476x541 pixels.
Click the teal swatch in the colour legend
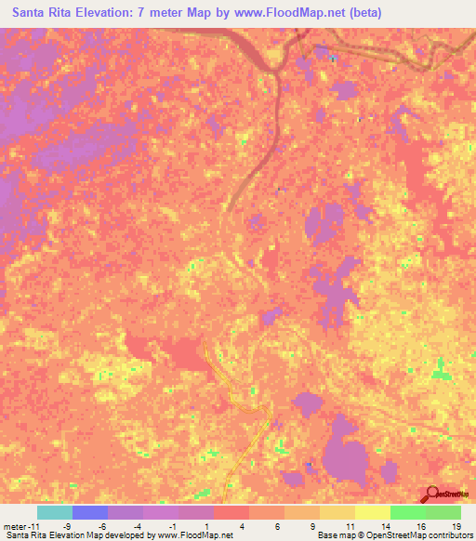click(x=54, y=513)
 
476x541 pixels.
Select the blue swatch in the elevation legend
click(x=89, y=513)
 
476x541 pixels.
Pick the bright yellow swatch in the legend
click(x=372, y=513)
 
